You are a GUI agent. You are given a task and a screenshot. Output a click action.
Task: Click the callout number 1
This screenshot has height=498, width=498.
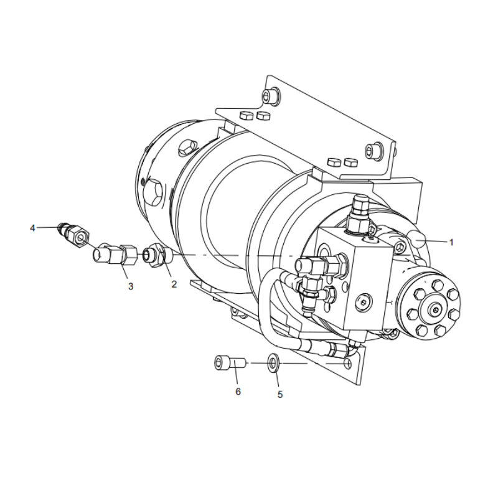(x=451, y=242)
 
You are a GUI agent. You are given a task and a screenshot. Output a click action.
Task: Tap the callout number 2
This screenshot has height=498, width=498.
(x=174, y=284)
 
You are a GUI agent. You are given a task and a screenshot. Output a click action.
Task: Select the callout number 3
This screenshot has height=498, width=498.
(x=131, y=286)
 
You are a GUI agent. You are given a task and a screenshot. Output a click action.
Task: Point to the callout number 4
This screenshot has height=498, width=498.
(x=32, y=228)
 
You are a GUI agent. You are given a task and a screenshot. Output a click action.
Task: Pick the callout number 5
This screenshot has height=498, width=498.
(x=280, y=394)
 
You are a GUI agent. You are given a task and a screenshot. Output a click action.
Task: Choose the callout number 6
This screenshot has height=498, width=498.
(x=237, y=391)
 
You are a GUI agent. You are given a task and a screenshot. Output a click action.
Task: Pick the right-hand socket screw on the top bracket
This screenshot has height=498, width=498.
(x=374, y=150)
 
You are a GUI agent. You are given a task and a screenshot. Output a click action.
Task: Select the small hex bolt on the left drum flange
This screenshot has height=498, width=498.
(x=185, y=149)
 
